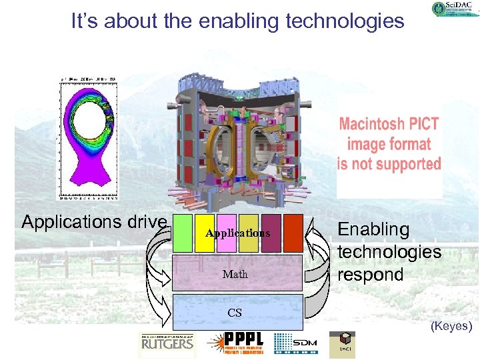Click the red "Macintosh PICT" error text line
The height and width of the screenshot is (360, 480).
tap(389, 124)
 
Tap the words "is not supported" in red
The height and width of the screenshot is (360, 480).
tap(389, 164)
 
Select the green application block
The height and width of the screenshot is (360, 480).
tap(183, 233)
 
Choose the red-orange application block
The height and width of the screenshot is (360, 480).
tap(293, 233)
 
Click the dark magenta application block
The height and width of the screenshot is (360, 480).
tap(271, 233)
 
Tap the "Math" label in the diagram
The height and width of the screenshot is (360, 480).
tap(235, 274)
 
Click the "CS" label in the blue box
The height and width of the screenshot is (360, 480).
tap(235, 313)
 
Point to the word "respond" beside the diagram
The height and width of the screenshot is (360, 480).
tap(371, 275)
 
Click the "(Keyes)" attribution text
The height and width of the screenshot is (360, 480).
tap(451, 326)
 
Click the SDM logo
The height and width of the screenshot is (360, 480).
tap(296, 343)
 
